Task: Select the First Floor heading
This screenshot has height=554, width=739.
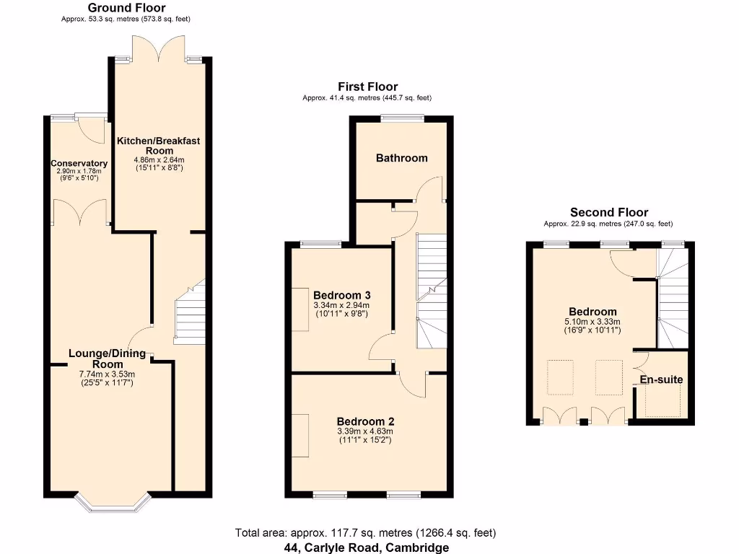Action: [x=367, y=87]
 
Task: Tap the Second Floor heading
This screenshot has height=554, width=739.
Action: [x=608, y=212]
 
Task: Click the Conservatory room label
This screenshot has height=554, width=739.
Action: [x=79, y=163]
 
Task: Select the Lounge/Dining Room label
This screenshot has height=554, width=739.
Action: [x=107, y=359]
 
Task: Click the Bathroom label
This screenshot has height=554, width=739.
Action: [x=401, y=158]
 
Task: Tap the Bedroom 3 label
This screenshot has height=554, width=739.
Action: [x=341, y=295]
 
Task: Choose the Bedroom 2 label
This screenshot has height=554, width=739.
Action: [x=365, y=421]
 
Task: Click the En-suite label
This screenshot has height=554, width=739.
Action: [x=661, y=379]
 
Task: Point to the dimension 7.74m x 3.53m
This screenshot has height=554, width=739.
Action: [x=108, y=374]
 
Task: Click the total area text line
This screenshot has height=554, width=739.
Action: [x=365, y=533]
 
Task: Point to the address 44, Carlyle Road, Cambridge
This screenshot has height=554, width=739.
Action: [x=365, y=547]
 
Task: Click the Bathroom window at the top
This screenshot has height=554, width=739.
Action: [x=402, y=118]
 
